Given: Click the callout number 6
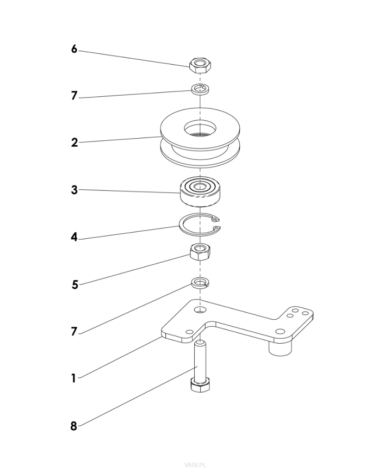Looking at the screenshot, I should coord(74,49).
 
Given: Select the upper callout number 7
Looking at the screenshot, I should coord(74,96).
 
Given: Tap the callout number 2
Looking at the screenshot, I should coord(74,143).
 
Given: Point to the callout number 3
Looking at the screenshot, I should coord(74,190).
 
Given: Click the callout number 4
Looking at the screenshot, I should coord(74,238).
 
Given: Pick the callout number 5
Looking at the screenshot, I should coord(75,284).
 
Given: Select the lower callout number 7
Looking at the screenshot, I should coord(74,332).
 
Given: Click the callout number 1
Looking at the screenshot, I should coord(73,378).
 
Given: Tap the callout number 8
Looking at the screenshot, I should coord(73,426).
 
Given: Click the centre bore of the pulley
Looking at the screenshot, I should coord(200,129).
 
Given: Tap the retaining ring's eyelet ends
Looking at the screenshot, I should coord(216,222).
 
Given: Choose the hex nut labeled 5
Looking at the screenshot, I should coord(200,252).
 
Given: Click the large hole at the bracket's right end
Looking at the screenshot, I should coord(280,331).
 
